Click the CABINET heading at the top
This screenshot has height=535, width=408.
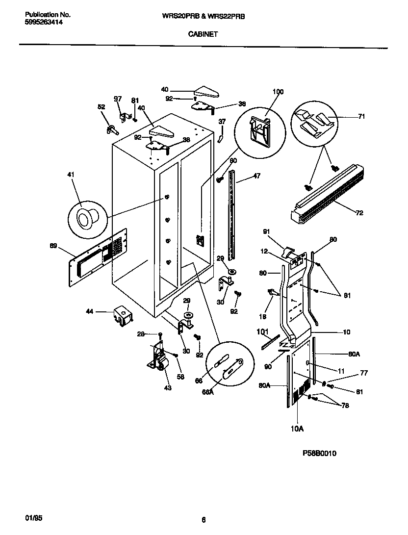click(203, 34)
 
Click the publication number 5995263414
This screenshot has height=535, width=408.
click(43, 23)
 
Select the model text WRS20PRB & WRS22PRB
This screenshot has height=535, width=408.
click(203, 16)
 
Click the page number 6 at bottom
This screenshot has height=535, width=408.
click(203, 520)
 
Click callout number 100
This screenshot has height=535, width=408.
click(278, 92)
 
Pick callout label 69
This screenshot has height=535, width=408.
click(53, 245)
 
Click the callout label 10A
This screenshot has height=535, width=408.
click(297, 429)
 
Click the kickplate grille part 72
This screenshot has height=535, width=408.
click(329, 191)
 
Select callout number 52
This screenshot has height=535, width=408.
click(101, 106)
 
